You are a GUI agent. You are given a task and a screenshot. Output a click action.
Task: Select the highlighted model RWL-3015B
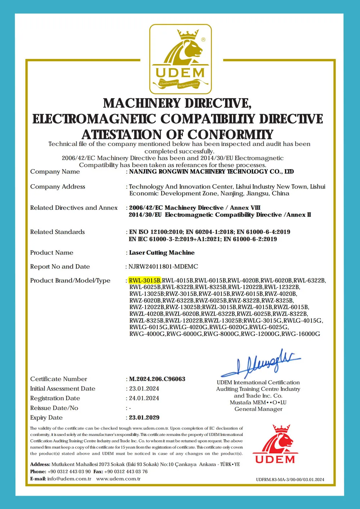coord(145,281)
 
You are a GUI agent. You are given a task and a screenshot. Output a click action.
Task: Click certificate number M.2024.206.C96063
coord(157,379)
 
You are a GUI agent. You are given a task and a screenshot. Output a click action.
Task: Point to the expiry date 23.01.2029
coord(144,418)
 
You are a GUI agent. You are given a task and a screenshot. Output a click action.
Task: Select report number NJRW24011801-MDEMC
coord(163,267)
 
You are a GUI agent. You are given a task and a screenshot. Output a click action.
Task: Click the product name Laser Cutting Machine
coord(162,253)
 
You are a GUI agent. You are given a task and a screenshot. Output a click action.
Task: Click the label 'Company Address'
coord(58,186)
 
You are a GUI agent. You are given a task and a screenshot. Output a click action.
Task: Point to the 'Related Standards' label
coord(58,232)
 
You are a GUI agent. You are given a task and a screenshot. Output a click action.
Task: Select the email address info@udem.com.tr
coord(69,479)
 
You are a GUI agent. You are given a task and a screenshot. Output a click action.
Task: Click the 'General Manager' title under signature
coord(258,409)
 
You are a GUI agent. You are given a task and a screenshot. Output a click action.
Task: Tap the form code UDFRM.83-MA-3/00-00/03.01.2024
coord(290,480)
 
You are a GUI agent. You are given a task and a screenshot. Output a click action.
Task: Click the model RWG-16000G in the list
coord(301,334)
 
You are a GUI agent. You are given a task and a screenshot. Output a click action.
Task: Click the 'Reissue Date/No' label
coord(54,408)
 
